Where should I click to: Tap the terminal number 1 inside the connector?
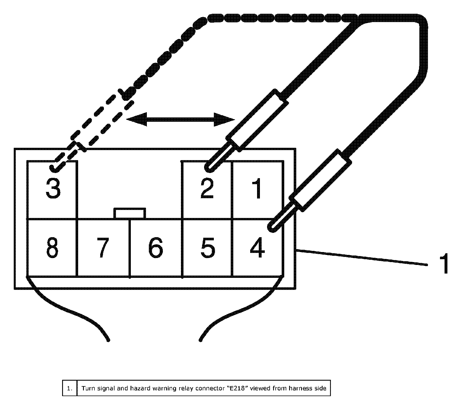pos(258,189)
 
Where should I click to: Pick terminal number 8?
pos(52,247)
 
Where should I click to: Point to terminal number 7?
pos(102,247)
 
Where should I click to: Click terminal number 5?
pos(208,247)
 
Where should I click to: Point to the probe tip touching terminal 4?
pos(272,227)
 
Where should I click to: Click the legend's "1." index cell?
pos(70,388)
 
